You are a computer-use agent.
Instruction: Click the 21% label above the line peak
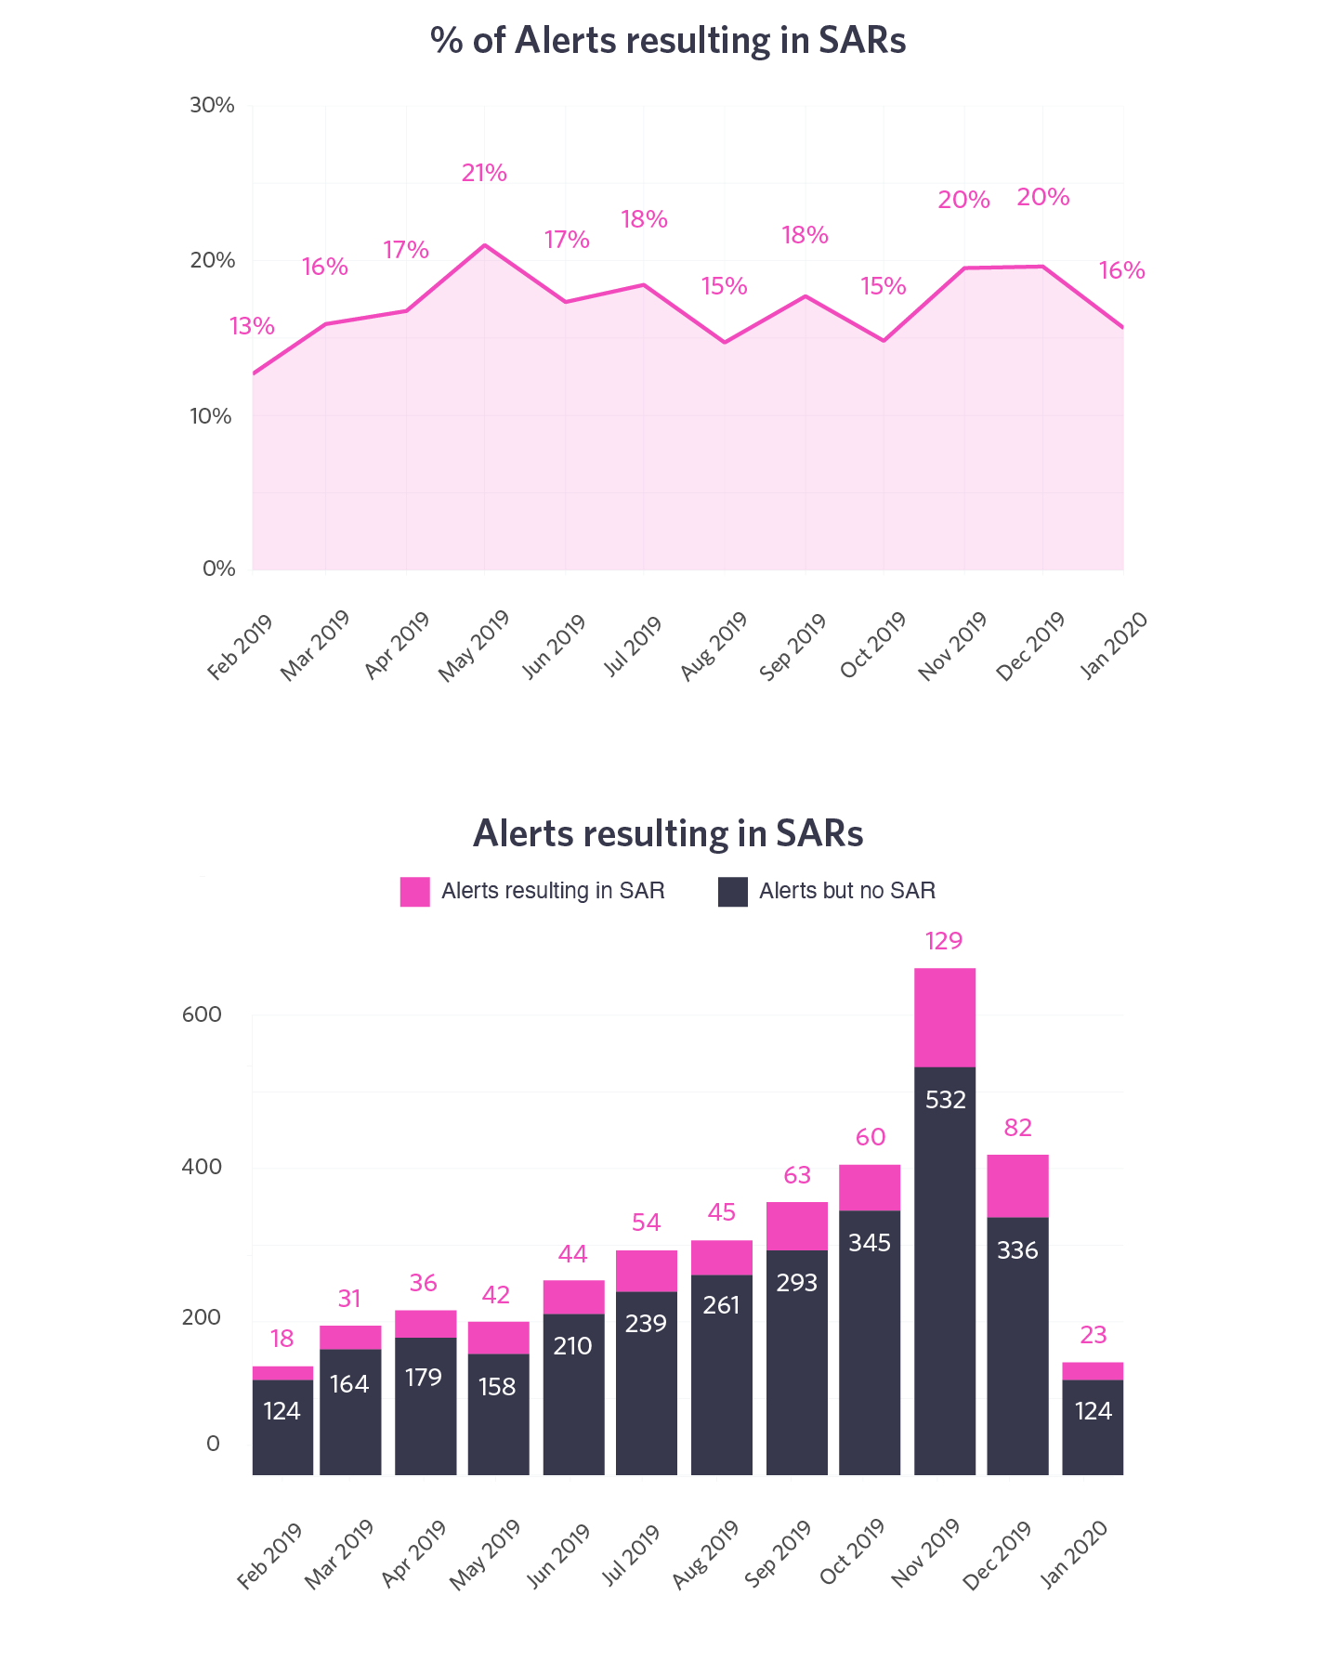[x=484, y=174]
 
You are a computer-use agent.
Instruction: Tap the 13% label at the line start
[x=252, y=327]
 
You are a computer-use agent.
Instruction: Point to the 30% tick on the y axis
[x=212, y=105]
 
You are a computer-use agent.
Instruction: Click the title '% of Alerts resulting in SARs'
[x=668, y=42]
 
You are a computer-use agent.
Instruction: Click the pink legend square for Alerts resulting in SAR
[x=414, y=892]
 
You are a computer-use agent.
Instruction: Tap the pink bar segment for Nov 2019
[x=944, y=1017]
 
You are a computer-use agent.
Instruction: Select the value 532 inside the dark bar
[x=946, y=1101]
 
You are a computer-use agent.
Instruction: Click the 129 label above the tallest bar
[x=944, y=942]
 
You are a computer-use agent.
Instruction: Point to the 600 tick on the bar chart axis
[x=203, y=1014]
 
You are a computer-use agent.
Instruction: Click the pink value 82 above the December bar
[x=1018, y=1129]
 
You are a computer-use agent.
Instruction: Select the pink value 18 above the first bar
[x=282, y=1339]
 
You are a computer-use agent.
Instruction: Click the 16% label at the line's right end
[x=1121, y=271]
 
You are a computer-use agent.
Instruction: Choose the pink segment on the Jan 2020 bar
[x=1093, y=1371]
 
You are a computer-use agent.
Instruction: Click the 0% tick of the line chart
[x=219, y=569]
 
